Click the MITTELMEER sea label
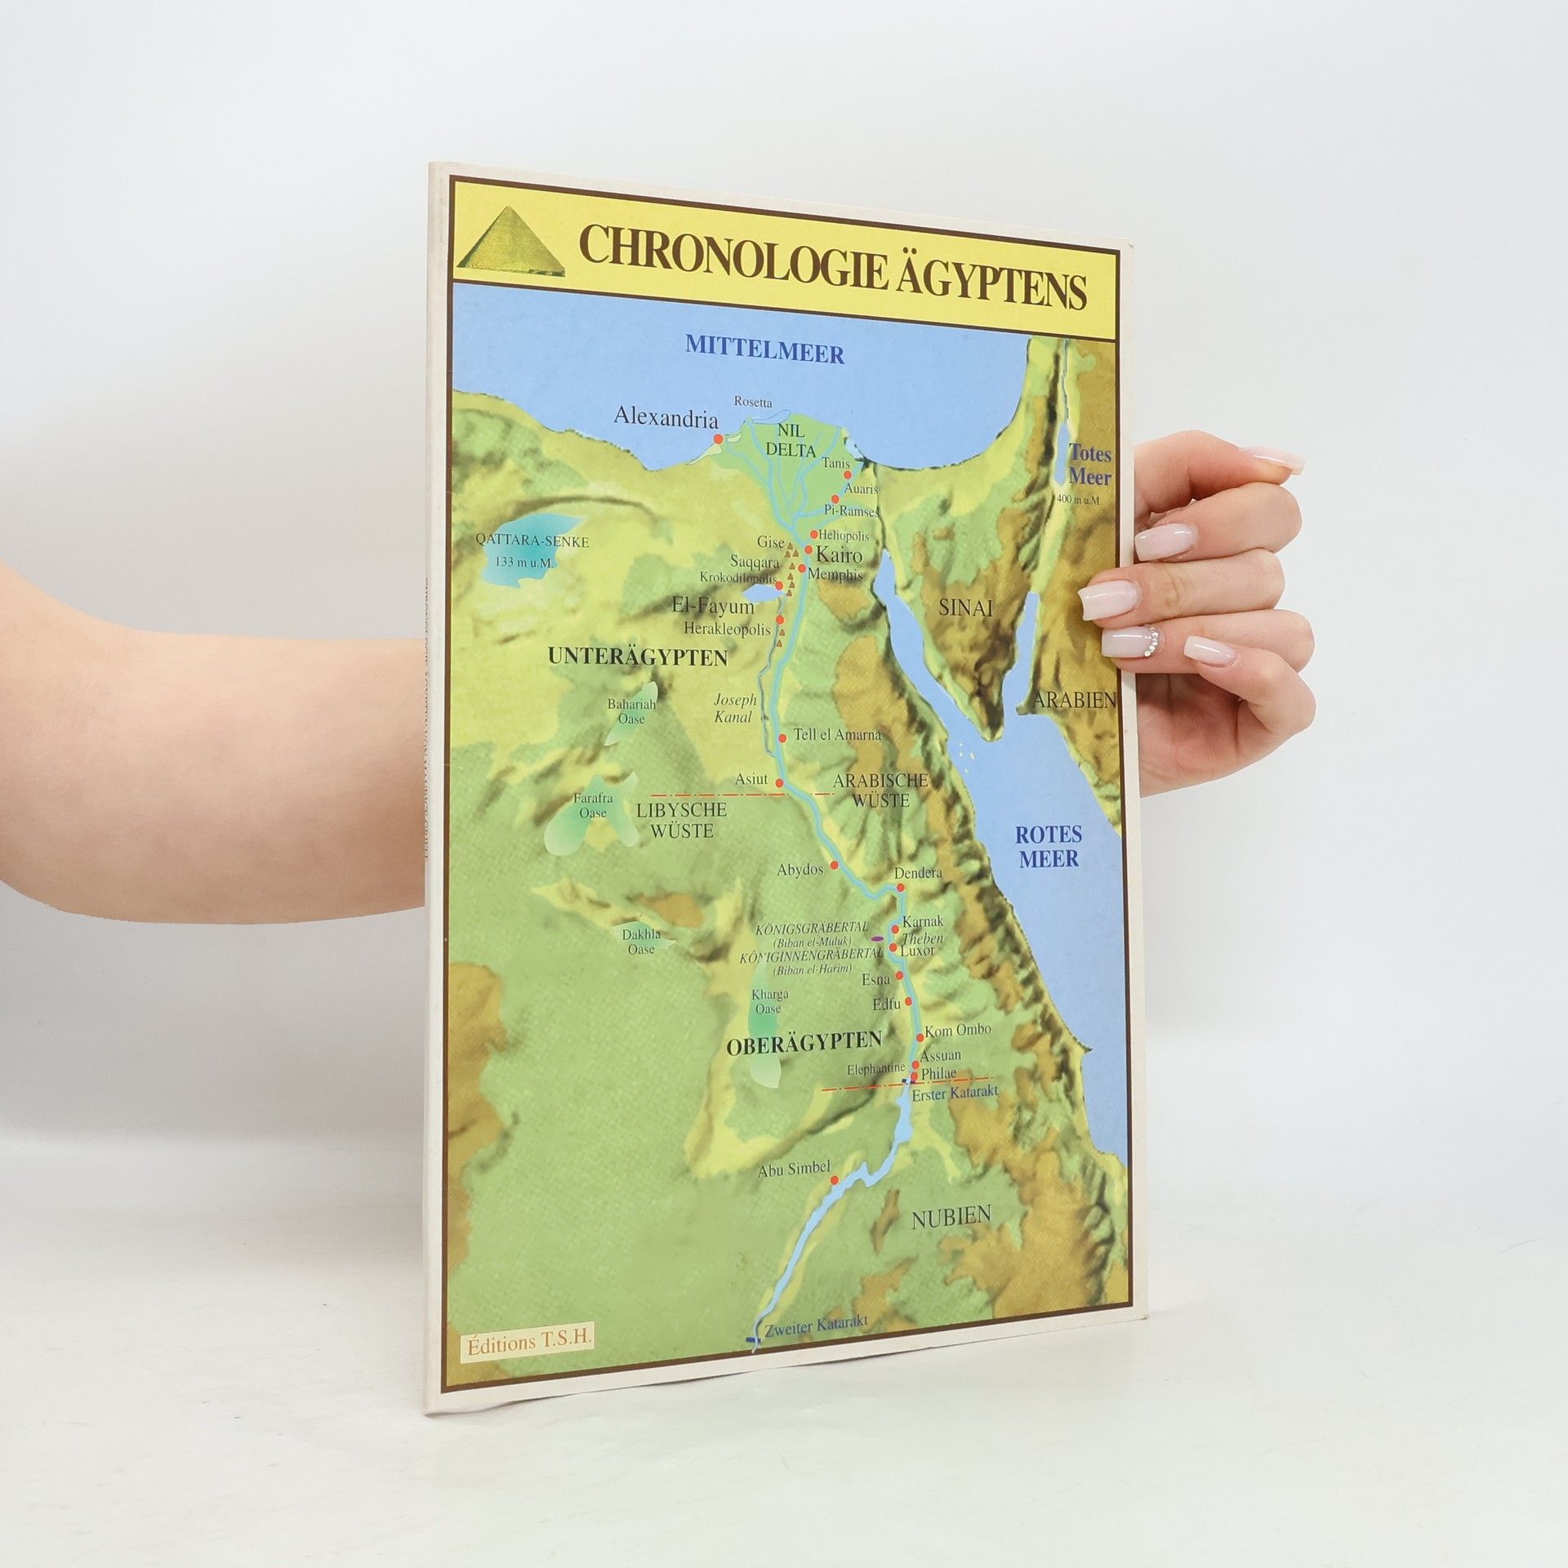(764, 344)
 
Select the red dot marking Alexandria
(718, 439)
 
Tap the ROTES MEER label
(1048, 846)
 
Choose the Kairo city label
(839, 555)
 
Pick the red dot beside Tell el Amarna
(782, 738)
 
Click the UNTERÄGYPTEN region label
(638, 657)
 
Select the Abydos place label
(800, 870)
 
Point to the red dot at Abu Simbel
(834, 1180)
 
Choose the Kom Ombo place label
(956, 1032)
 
